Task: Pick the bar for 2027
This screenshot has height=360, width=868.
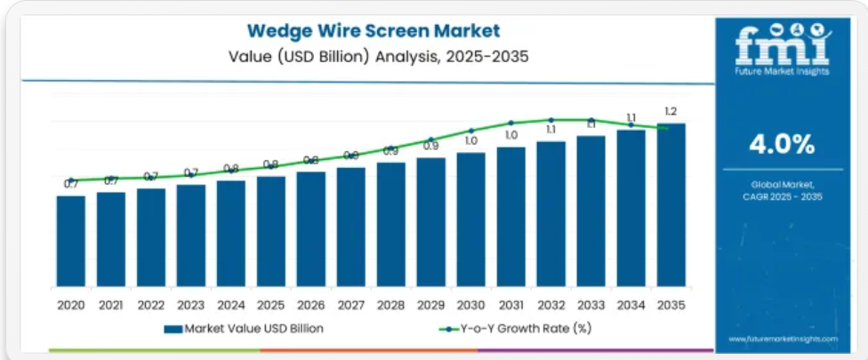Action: (x=350, y=228)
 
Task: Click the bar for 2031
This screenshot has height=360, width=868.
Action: (x=510, y=218)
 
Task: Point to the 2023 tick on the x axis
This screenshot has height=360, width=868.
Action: (x=190, y=305)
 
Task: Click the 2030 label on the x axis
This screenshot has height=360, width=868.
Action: (x=470, y=305)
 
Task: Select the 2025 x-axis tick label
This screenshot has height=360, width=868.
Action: (x=270, y=305)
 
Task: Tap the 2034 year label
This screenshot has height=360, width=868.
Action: (x=631, y=305)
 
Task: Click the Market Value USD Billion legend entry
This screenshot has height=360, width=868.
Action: (x=244, y=329)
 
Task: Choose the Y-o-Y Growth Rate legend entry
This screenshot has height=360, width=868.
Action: (x=515, y=329)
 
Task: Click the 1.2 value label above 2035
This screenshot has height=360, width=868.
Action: (x=671, y=111)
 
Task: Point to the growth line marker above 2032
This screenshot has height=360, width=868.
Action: (x=551, y=120)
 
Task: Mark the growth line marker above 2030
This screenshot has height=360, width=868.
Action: (x=471, y=131)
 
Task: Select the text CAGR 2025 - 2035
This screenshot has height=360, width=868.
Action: (x=783, y=196)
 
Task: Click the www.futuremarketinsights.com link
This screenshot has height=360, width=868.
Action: (x=783, y=339)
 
